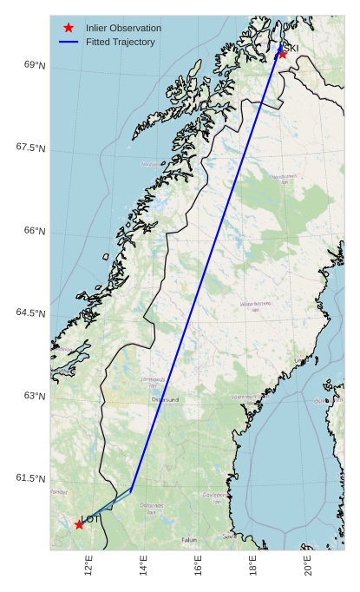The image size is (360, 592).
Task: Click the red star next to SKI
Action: (x=282, y=54)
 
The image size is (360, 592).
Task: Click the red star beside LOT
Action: (x=79, y=524)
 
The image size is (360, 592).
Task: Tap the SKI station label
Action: (x=291, y=48)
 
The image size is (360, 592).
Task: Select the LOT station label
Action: (x=91, y=519)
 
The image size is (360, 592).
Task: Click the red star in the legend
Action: (x=69, y=28)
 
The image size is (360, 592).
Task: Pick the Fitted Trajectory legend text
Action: (x=121, y=42)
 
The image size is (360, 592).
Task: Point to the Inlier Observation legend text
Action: (x=123, y=28)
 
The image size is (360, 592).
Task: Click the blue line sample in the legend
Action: (x=69, y=42)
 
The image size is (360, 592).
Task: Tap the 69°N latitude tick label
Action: (x=35, y=65)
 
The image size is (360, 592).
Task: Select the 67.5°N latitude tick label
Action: (x=30, y=148)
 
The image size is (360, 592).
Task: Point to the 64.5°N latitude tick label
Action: (x=30, y=313)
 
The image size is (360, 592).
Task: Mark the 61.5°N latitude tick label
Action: (x=30, y=478)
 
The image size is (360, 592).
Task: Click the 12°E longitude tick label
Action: (x=88, y=569)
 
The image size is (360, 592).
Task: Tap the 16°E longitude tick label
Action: (x=199, y=569)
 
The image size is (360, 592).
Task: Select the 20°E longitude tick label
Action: (x=309, y=569)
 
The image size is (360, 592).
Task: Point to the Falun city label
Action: (x=189, y=540)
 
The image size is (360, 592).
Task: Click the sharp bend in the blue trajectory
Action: (x=131, y=490)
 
